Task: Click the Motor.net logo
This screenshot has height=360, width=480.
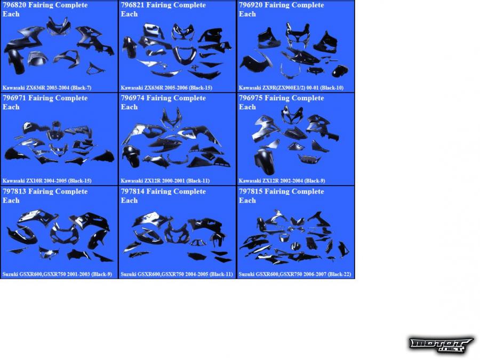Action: [x=441, y=345]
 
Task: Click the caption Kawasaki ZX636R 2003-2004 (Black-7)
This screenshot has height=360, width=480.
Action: [x=47, y=88]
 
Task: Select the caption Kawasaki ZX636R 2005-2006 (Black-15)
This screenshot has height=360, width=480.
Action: [x=166, y=88]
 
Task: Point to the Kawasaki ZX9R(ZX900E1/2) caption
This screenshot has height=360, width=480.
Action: [x=291, y=88]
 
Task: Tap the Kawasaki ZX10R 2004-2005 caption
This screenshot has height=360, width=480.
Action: [x=47, y=181]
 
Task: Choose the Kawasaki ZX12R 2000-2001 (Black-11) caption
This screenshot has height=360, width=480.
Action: [x=165, y=181]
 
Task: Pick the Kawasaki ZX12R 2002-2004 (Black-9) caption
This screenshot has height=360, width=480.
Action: [x=282, y=181]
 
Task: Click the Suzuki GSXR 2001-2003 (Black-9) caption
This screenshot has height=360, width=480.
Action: [x=57, y=274]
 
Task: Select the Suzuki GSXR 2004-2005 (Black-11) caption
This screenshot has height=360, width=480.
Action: [x=177, y=274]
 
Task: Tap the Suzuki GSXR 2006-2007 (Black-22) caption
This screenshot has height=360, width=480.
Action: [x=295, y=274]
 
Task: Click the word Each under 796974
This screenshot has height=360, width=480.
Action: [x=129, y=107]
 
